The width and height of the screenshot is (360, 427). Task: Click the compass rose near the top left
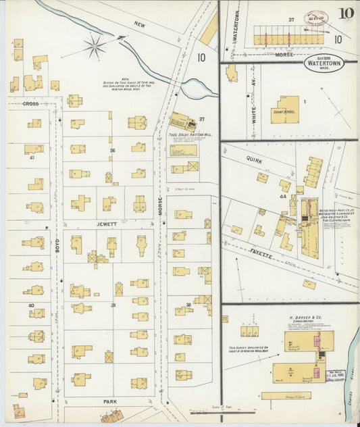(x=95, y=47)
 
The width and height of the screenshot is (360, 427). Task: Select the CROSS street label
(x=30, y=103)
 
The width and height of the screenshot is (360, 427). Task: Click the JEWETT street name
(x=106, y=223)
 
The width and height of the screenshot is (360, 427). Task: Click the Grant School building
(x=285, y=109)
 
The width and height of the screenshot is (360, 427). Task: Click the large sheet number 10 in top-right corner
(x=346, y=13)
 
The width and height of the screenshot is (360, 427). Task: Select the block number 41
(x=32, y=157)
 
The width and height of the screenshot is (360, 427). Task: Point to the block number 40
(x=31, y=305)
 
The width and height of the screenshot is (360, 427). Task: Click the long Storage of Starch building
(x=286, y=395)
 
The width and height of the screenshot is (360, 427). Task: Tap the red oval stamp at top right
(x=315, y=18)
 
